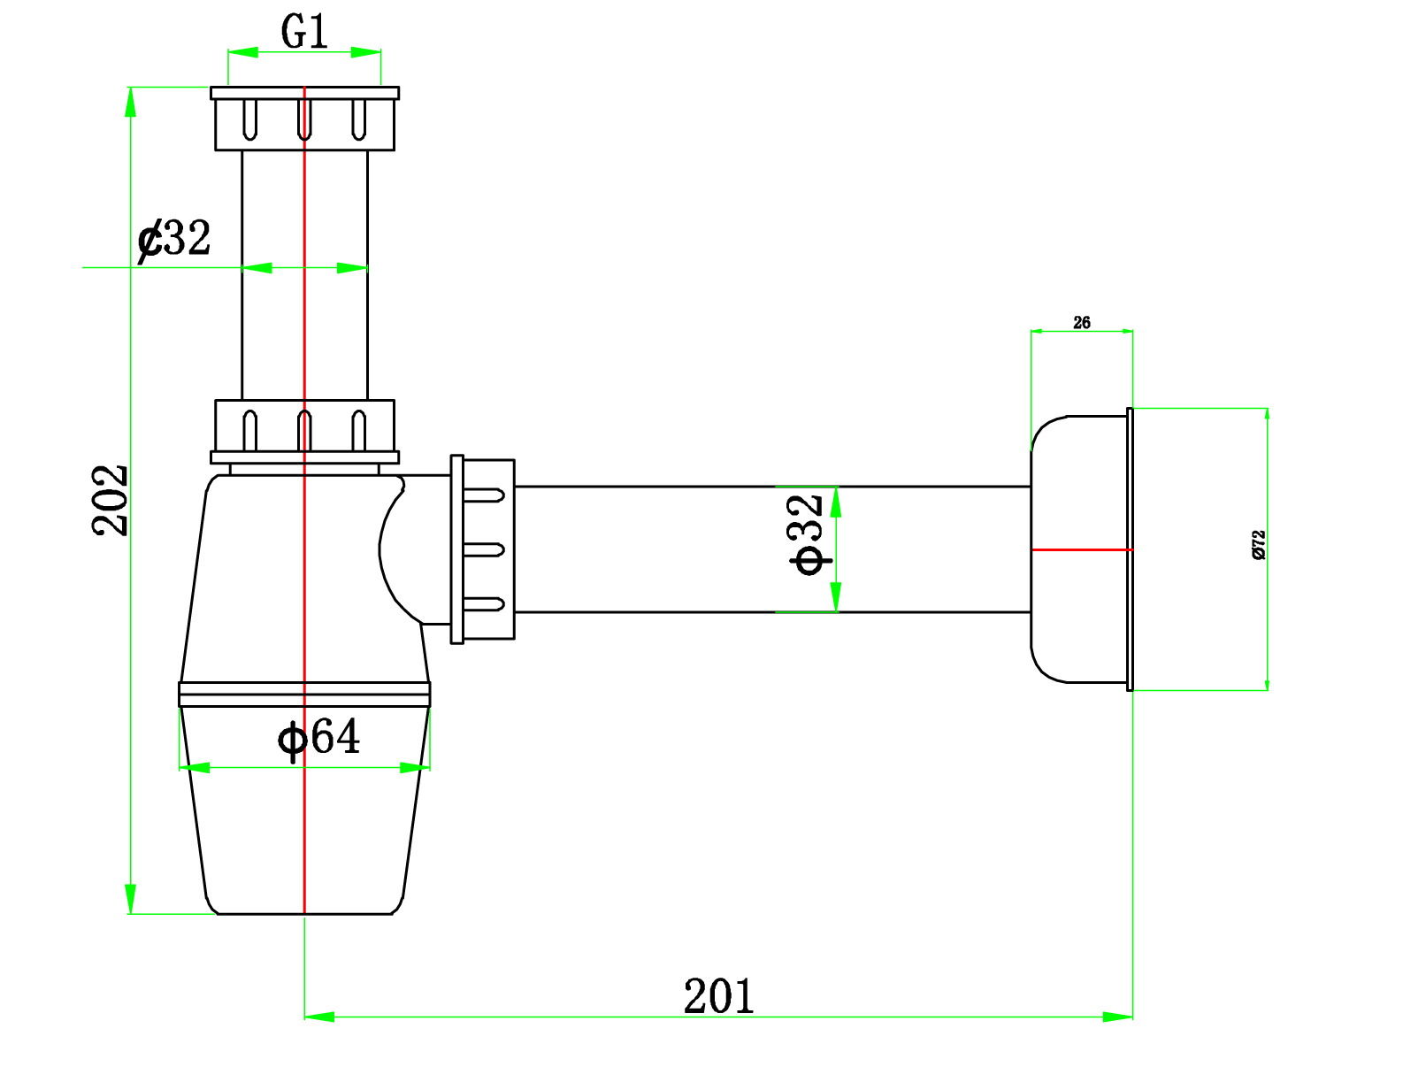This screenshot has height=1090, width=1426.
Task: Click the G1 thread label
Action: [304, 33]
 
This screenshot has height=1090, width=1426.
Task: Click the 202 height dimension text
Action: [111, 500]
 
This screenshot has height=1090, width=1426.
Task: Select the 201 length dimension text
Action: [718, 996]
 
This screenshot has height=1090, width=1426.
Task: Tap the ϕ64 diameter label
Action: [319, 737]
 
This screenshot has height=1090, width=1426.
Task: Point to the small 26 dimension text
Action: [1081, 323]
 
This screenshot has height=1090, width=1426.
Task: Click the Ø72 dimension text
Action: [1259, 544]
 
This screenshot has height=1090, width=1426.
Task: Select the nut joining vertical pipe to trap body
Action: [304, 430]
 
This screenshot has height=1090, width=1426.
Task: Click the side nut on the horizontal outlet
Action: [485, 549]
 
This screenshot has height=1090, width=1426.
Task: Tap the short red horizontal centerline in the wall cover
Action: [1081, 549]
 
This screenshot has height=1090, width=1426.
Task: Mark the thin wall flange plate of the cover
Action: [1130, 549]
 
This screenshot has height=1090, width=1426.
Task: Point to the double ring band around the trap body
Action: [304, 694]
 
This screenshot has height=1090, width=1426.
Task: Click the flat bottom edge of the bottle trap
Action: [304, 913]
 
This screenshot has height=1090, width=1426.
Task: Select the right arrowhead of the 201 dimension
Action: [1118, 1017]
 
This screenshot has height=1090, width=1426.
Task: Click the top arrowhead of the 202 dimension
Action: [131, 102]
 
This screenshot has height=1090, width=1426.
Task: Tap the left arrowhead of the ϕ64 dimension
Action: [195, 767]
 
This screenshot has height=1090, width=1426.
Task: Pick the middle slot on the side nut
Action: [484, 549]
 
